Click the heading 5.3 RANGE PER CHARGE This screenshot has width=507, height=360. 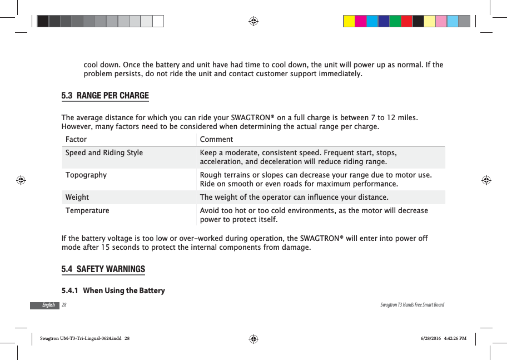(105, 95)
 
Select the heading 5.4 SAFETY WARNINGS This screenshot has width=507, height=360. (103, 269)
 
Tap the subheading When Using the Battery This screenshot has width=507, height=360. (123, 290)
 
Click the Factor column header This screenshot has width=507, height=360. (76, 139)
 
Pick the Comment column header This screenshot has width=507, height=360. (216, 139)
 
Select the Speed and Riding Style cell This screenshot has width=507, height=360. (104, 152)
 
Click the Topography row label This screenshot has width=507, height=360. (86, 175)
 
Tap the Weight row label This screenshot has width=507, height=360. (77, 197)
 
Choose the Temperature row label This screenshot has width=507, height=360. (87, 211)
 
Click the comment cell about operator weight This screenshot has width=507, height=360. (294, 197)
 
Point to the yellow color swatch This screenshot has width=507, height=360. (349, 21)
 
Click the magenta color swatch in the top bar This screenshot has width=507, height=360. (361, 21)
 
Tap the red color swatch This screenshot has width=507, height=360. (407, 21)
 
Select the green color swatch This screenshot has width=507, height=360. (395, 21)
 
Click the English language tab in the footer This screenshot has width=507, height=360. (49, 305)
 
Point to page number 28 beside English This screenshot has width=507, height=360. (64, 305)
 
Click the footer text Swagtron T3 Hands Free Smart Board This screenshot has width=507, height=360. (412, 305)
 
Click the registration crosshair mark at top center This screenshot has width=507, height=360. (253, 21)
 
